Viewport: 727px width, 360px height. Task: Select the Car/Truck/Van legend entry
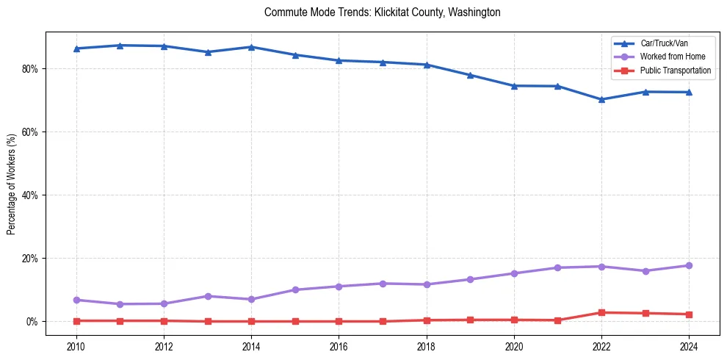click(x=662, y=43)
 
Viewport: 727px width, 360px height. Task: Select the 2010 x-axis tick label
click(x=76, y=346)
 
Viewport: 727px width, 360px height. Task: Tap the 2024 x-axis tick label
click(x=689, y=346)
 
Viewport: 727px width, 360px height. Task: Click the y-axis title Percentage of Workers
click(x=12, y=184)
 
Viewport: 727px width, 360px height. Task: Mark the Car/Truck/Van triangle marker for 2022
click(x=601, y=99)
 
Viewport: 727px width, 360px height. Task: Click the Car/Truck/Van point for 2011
click(x=120, y=46)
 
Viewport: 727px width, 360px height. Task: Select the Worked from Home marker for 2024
click(x=689, y=265)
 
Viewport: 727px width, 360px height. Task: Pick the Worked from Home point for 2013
click(x=208, y=296)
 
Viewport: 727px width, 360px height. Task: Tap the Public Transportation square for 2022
click(x=601, y=312)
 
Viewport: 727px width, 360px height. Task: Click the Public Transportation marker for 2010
click(x=76, y=320)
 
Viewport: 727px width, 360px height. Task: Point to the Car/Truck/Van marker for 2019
click(x=470, y=75)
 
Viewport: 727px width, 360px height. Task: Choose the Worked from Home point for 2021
click(x=557, y=267)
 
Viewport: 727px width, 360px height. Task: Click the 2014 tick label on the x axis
click(x=251, y=346)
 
